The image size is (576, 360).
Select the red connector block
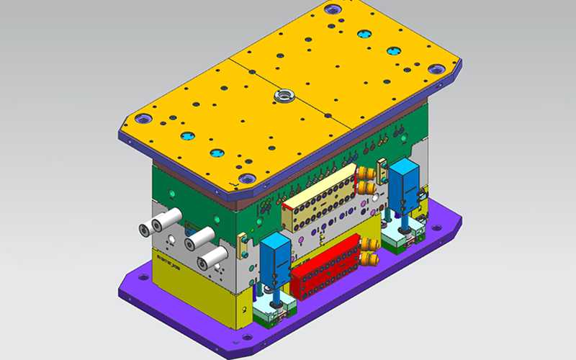click(x=328, y=266)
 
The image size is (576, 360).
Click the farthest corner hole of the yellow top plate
click(x=332, y=9)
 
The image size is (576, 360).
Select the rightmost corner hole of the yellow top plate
click(x=436, y=69)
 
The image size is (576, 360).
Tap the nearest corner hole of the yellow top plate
click(x=246, y=179)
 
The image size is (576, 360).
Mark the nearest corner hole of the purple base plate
click(x=246, y=336)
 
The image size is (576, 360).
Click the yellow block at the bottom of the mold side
click(x=194, y=292)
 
